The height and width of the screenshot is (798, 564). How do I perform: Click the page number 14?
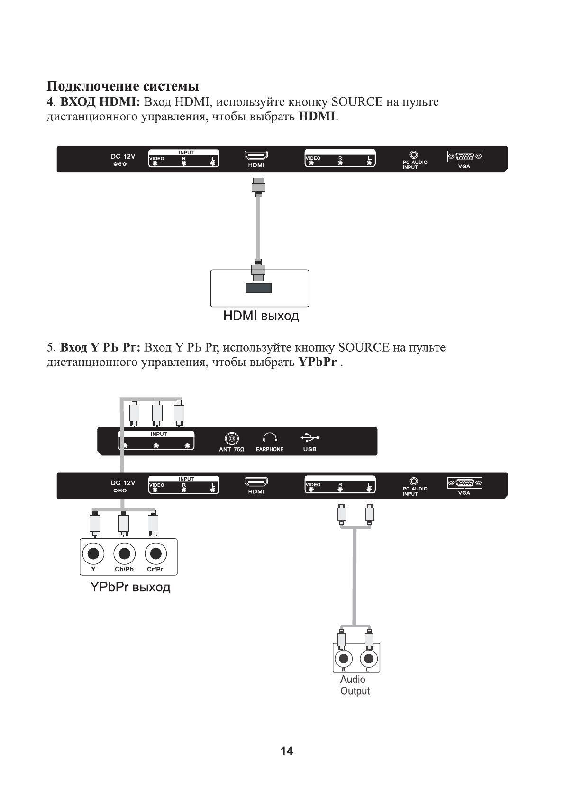pos(286,751)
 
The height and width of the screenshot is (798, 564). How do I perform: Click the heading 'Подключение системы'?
pos(123,86)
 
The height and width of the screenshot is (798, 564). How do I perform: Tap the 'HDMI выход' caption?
pos(261,316)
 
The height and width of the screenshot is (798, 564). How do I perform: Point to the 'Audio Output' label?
pos(355,685)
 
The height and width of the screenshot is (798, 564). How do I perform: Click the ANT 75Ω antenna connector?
pos(232,438)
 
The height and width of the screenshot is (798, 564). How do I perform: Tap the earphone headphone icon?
pos(270,437)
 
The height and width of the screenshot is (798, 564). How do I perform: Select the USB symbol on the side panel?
pos(309,437)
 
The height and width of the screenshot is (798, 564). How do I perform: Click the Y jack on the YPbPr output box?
pos(93,553)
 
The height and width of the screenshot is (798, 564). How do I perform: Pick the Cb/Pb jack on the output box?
pos(124,553)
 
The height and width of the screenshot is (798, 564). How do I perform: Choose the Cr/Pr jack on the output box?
pos(156,553)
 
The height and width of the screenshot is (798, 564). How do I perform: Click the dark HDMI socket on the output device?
pos(259,288)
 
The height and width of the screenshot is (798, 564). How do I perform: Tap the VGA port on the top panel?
pos(464,156)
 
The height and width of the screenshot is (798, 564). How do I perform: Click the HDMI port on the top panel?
pos(256,155)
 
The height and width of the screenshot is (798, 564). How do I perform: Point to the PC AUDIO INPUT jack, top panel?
pos(414,154)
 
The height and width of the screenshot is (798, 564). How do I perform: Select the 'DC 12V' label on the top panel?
pos(123,156)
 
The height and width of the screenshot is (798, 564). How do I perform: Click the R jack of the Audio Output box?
pos(344,659)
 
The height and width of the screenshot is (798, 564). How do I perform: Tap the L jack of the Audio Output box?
pos(369,659)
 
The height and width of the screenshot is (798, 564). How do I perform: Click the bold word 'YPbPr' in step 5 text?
pos(318,362)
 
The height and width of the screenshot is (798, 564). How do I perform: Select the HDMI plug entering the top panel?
pos(258,187)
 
